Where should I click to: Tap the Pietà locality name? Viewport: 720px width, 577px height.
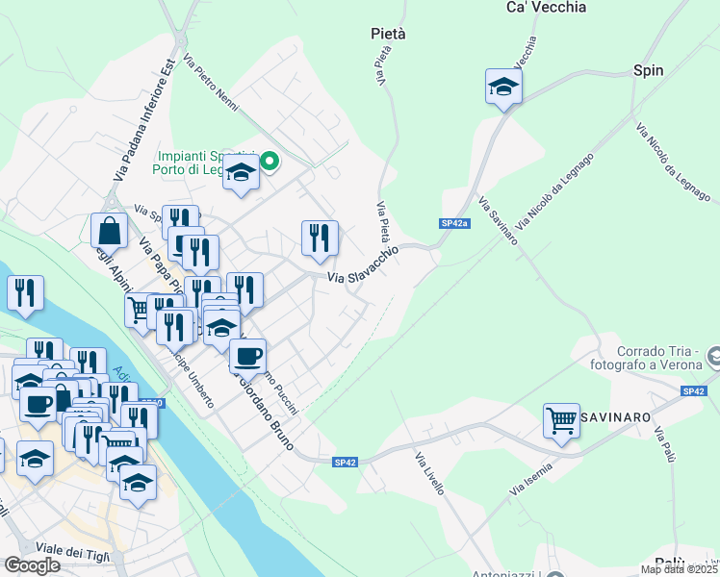[388, 34]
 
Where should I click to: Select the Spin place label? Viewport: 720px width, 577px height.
[649, 70]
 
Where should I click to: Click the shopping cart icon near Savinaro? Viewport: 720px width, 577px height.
[561, 419]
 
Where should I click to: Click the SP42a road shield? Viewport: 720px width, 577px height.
[454, 223]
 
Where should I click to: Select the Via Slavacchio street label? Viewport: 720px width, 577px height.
[363, 263]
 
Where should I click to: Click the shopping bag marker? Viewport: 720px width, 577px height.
[109, 231]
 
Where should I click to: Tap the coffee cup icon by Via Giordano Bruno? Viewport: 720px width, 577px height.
[247, 355]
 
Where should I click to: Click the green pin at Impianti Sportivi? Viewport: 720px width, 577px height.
[270, 162]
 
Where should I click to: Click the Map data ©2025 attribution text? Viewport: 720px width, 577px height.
[679, 569]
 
